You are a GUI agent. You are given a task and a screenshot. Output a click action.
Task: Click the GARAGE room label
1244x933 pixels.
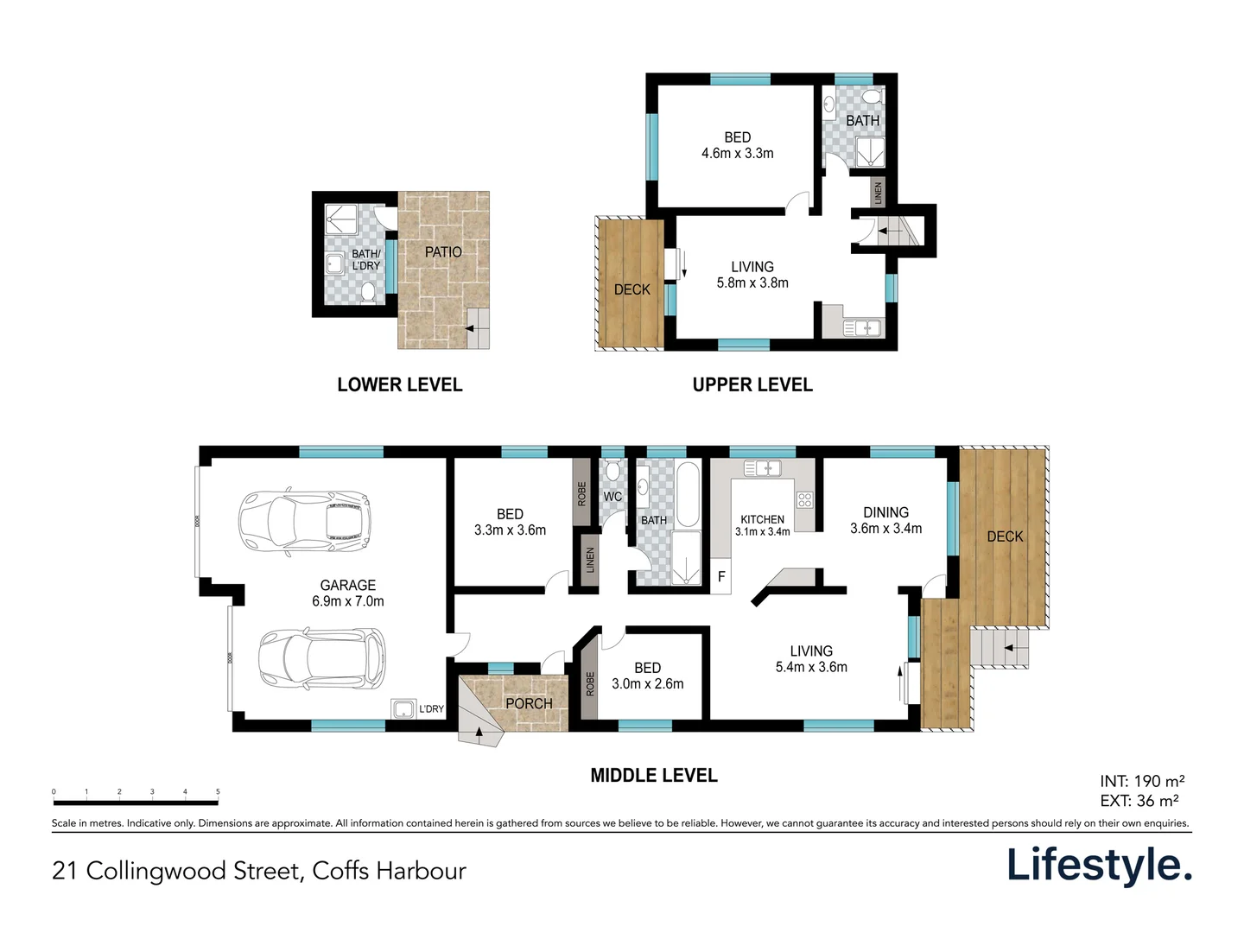348,586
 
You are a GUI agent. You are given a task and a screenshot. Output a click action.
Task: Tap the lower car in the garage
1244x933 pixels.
321,659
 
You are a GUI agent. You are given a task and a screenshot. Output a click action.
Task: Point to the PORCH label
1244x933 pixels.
529,704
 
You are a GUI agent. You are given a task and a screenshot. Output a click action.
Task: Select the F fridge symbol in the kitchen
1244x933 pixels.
721,576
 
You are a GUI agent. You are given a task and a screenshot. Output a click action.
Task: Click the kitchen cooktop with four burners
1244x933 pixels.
804,499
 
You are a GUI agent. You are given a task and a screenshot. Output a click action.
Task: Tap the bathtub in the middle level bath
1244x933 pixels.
688,495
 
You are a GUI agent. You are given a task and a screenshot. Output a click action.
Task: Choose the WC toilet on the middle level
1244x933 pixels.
612,471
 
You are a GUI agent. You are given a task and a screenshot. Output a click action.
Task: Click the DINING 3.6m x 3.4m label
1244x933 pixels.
885,520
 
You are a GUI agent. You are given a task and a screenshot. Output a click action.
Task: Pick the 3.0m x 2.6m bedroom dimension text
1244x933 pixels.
647,684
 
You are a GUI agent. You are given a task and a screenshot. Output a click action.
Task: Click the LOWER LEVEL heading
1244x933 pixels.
400,385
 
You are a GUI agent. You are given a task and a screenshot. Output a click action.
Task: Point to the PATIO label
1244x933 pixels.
443,252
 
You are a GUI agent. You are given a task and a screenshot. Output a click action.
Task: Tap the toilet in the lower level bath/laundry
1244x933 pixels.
367,294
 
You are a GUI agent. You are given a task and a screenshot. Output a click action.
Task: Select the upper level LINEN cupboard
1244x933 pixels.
878,192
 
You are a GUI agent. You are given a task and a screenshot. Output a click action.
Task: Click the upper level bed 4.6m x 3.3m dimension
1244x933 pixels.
737,154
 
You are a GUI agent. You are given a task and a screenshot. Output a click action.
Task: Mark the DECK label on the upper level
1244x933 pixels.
632,290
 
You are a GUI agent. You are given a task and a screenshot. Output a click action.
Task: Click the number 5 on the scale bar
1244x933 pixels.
218,791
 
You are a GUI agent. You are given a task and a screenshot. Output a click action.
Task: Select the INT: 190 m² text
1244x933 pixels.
1142,782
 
